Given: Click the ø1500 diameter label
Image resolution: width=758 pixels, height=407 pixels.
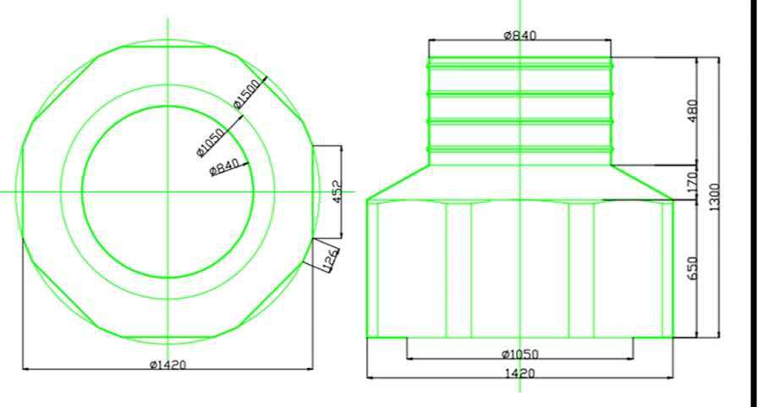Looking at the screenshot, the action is tap(246, 94).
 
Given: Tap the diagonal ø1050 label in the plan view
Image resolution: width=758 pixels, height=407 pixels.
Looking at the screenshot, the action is tap(211, 142).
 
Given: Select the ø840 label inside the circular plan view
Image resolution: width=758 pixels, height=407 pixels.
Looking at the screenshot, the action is tap(224, 168).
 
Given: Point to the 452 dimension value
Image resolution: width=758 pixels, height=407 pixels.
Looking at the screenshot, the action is tap(338, 191).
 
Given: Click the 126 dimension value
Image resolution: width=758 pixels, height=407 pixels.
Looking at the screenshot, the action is tap(330, 260).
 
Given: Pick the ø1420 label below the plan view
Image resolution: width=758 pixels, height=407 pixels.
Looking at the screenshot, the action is tap(168, 365).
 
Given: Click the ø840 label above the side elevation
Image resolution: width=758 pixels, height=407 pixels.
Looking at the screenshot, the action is tap(519, 36).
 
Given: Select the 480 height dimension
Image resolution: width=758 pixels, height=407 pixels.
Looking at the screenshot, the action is tap(692, 111).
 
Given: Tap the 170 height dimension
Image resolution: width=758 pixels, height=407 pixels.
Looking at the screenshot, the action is tap(692, 183).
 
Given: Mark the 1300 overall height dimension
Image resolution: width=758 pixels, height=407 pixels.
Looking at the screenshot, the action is tap(715, 197).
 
